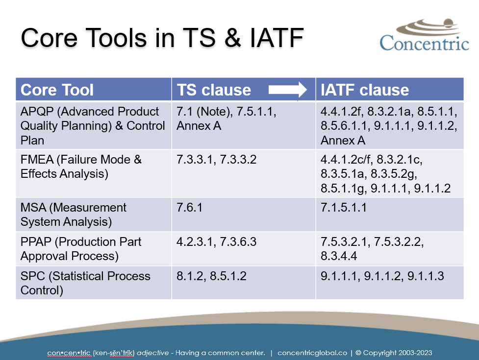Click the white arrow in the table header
(x=287, y=90)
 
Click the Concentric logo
(x=424, y=35)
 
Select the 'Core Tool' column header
(x=57, y=90)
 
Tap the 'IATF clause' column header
(x=364, y=90)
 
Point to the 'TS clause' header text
(x=214, y=90)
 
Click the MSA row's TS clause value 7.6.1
(x=189, y=208)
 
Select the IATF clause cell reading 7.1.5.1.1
(x=343, y=208)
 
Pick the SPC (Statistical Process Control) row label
(x=85, y=283)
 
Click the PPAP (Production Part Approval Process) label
(x=80, y=249)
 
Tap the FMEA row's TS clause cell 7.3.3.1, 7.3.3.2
(x=216, y=160)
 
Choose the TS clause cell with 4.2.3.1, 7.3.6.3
(x=216, y=241)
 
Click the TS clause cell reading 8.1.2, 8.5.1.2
(x=211, y=276)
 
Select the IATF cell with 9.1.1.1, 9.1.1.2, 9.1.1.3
(x=382, y=276)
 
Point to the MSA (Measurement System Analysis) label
(x=74, y=215)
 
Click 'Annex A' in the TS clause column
(x=199, y=126)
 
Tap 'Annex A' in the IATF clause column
(x=343, y=141)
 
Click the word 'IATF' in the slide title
(x=277, y=38)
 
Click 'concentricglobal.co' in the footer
(x=312, y=353)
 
